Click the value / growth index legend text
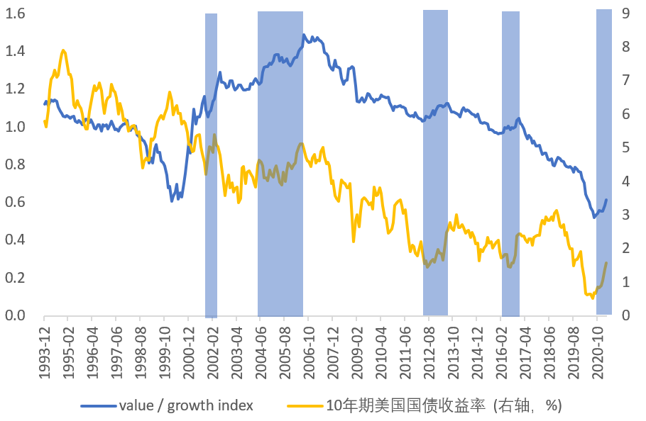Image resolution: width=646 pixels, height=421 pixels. (x=186, y=405)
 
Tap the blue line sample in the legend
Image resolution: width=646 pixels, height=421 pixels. (x=98, y=406)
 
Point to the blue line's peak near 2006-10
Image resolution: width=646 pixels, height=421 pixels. (x=304, y=35)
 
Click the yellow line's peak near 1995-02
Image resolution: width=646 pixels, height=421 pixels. (x=64, y=50)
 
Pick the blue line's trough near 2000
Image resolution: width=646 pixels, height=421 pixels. (x=172, y=201)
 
